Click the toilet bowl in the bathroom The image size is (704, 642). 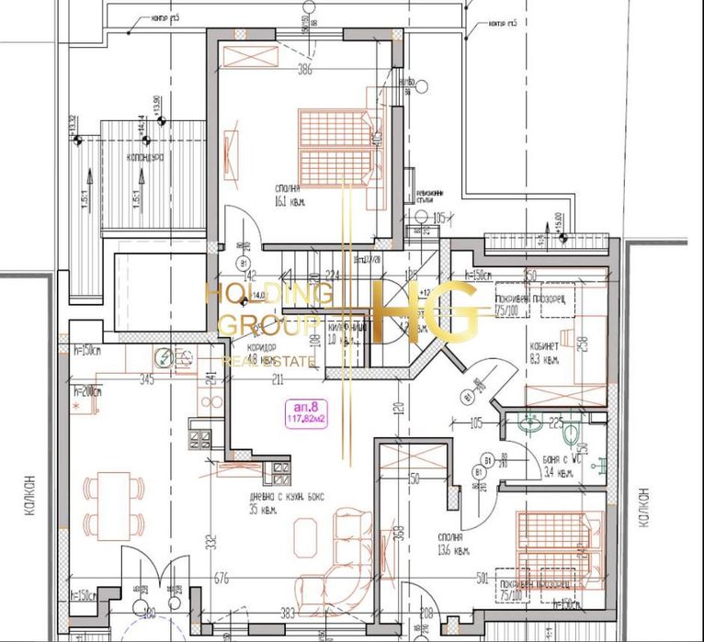pyautogui.click(x=572, y=431)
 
